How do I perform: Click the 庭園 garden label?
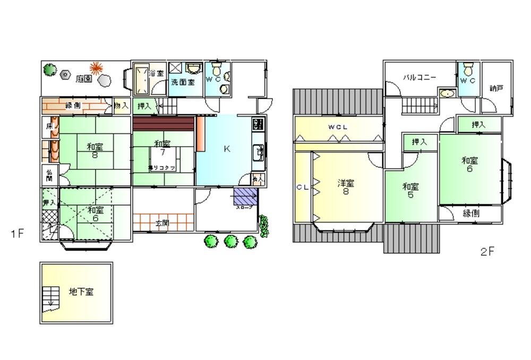[x=84, y=79]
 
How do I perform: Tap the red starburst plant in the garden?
[x=96, y=68]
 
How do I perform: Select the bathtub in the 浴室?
[x=141, y=79]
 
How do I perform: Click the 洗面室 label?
[x=183, y=82]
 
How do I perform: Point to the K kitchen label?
[x=227, y=149]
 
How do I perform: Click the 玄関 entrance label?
[x=162, y=224]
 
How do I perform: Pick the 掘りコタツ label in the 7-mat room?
[x=162, y=167]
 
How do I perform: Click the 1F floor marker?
[x=17, y=233]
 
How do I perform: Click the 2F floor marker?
[x=487, y=252]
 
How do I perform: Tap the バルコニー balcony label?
[x=419, y=78]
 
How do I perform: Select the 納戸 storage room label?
[x=496, y=88]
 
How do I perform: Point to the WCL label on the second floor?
[x=338, y=127]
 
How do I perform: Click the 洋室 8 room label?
[x=346, y=187]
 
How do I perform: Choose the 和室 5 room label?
[x=410, y=191]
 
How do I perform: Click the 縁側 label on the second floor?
[x=471, y=213]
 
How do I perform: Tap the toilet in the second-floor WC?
[x=468, y=70]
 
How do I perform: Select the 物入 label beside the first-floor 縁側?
[x=121, y=106]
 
